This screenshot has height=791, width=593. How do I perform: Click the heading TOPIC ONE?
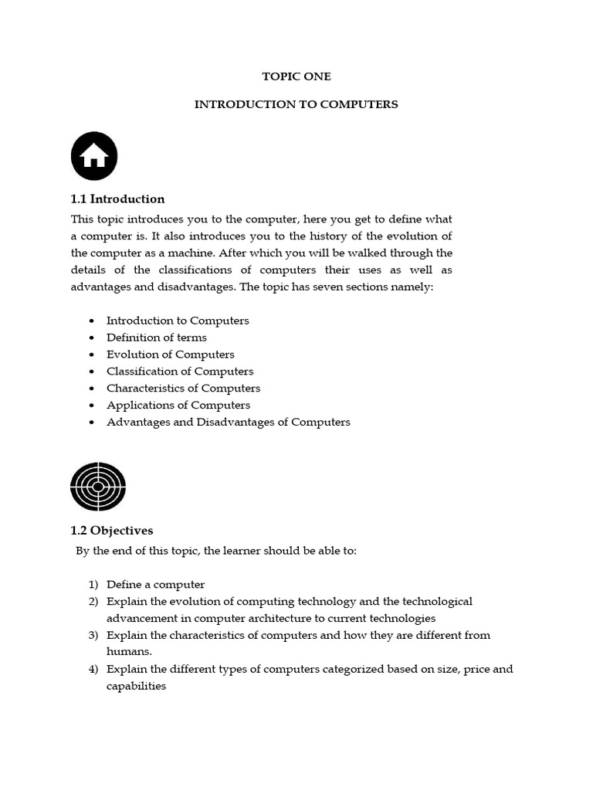[x=296, y=76]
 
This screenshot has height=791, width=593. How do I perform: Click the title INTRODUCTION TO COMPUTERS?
[x=296, y=104]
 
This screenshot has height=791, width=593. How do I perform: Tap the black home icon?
[x=94, y=156]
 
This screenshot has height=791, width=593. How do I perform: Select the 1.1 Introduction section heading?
[x=117, y=199]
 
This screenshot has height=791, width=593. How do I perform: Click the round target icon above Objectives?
[x=98, y=487]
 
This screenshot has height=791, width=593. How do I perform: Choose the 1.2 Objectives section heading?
[x=112, y=531]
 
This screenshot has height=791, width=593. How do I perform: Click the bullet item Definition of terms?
[x=157, y=338]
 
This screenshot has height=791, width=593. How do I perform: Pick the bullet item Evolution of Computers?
[x=171, y=355]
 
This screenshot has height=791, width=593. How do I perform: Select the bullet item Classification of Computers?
[x=180, y=372]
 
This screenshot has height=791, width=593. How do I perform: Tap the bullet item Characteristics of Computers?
[x=184, y=389]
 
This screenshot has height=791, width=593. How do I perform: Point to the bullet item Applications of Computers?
[x=178, y=406]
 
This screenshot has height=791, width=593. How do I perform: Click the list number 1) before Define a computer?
[x=93, y=585]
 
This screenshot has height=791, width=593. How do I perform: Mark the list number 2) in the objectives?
[x=93, y=602]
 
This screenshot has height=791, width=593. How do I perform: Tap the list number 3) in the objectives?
[x=93, y=636]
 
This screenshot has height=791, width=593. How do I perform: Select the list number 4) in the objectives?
[x=93, y=670]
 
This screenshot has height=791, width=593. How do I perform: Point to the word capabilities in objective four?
[x=137, y=686]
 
